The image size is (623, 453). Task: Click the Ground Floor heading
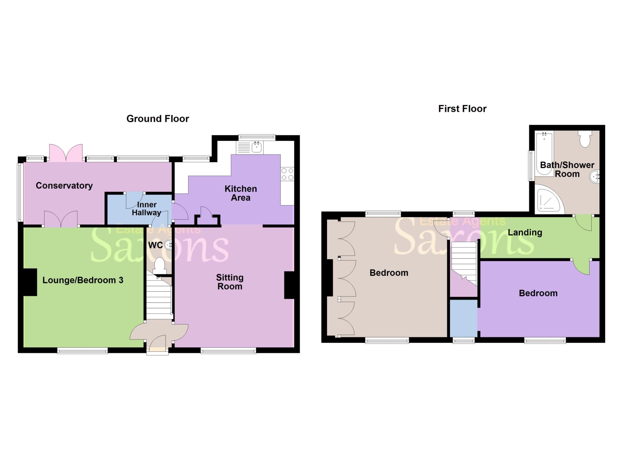pos(158,119)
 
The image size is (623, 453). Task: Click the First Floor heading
pos(462,109)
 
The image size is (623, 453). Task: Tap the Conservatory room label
pos(64,186)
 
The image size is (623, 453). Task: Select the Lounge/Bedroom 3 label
pos(83,280)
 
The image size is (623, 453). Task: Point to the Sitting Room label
pos(230,282)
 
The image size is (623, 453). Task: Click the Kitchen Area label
pos(241,193)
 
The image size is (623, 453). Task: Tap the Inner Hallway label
pos(146,209)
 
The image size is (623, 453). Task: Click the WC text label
pos(155,245)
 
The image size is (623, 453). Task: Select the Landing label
pos(525,232)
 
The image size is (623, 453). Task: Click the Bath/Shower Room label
pos(567,169)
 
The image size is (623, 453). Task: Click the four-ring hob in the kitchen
pos(287,174)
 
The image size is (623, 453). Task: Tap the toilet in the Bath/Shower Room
pos(585,139)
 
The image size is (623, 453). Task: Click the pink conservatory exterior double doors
pos(66,153)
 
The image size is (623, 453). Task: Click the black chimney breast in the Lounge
pos(30,282)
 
